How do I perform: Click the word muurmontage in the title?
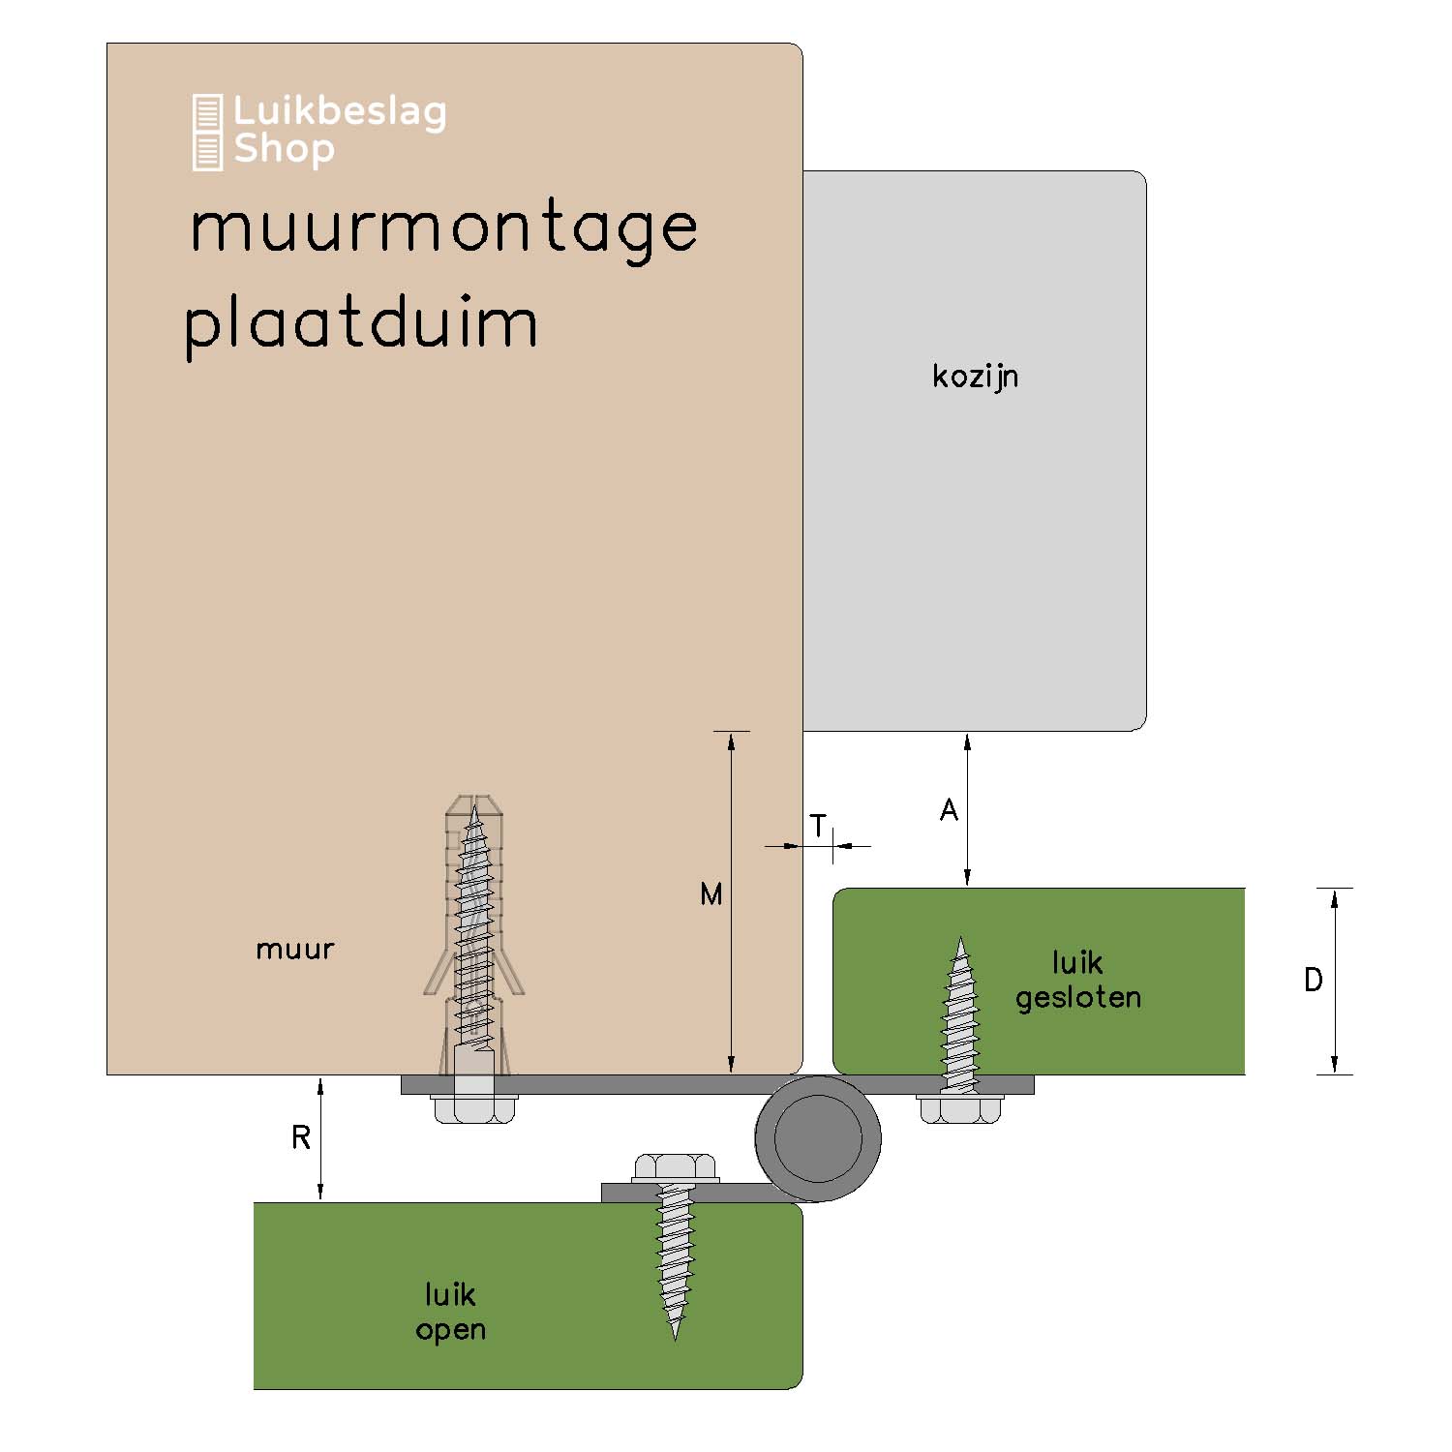pyautogui.click(x=443, y=230)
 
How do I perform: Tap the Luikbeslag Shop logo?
pyautogui.click(x=319, y=132)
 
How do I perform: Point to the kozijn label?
pyautogui.click(x=975, y=377)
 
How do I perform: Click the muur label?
pyautogui.click(x=294, y=949)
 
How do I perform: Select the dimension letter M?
pyautogui.click(x=711, y=894)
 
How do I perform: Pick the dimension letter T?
pyautogui.click(x=819, y=827)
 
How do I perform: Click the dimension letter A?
pyautogui.click(x=949, y=809)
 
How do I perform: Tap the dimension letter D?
pyautogui.click(x=1313, y=980)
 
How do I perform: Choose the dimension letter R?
pyautogui.click(x=301, y=1137)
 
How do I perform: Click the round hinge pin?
pyautogui.click(x=818, y=1138)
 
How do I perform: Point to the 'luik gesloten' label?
pyautogui.click(x=1077, y=980)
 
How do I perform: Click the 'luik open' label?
pyautogui.click(x=450, y=1312)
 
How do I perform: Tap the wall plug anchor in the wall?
pyautogui.click(x=473, y=935)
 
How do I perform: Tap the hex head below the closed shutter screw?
pyautogui.click(x=959, y=1108)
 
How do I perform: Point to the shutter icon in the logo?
pyautogui.click(x=207, y=132)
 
